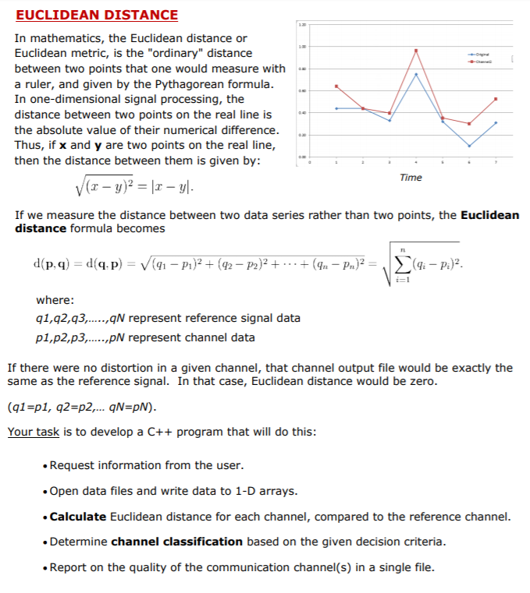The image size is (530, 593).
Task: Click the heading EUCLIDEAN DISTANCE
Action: [97, 15]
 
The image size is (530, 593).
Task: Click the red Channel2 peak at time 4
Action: [416, 51]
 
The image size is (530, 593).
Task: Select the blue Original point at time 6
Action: [469, 146]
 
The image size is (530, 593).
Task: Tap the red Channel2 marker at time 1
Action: [336, 86]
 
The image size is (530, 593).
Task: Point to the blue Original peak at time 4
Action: [416, 74]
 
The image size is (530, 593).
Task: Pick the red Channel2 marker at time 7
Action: [496, 99]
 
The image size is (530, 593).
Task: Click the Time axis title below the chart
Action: [410, 178]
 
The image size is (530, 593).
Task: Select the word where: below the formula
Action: [55, 300]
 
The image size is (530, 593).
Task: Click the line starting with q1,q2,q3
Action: [168, 318]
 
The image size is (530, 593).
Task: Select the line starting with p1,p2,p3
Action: [145, 337]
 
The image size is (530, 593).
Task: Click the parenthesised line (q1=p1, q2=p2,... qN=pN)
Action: [82, 408]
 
